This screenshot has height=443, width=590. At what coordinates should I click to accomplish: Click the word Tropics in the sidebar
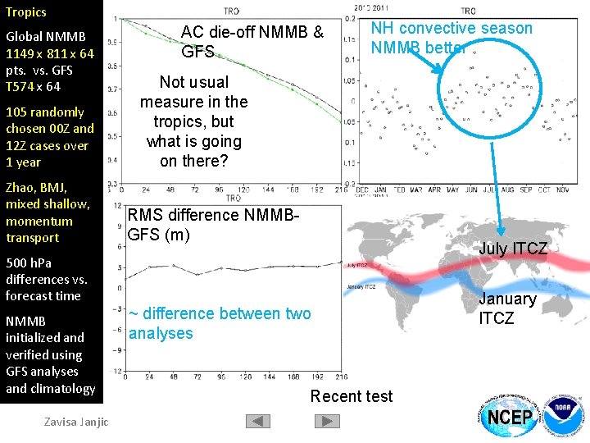(26, 12)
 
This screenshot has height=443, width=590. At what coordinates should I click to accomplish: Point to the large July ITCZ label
(513, 249)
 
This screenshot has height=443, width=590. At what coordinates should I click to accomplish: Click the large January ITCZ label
(507, 308)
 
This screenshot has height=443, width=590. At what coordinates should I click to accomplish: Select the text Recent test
(352, 396)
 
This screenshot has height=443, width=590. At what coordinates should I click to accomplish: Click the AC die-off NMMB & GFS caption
(252, 42)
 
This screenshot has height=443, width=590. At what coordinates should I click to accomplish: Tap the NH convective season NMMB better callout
(451, 38)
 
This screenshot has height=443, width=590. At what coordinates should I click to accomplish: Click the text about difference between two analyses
(220, 323)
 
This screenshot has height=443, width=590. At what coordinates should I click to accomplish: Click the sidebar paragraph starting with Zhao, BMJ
(48, 212)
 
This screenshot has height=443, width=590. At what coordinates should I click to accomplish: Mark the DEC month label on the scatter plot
(362, 190)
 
